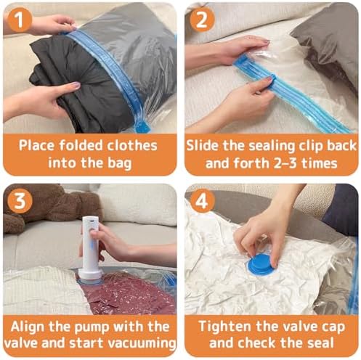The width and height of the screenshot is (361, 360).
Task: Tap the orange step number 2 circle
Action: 200,19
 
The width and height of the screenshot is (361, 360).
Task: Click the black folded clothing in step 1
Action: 73,87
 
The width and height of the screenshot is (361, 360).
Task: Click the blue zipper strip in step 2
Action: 291,94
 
